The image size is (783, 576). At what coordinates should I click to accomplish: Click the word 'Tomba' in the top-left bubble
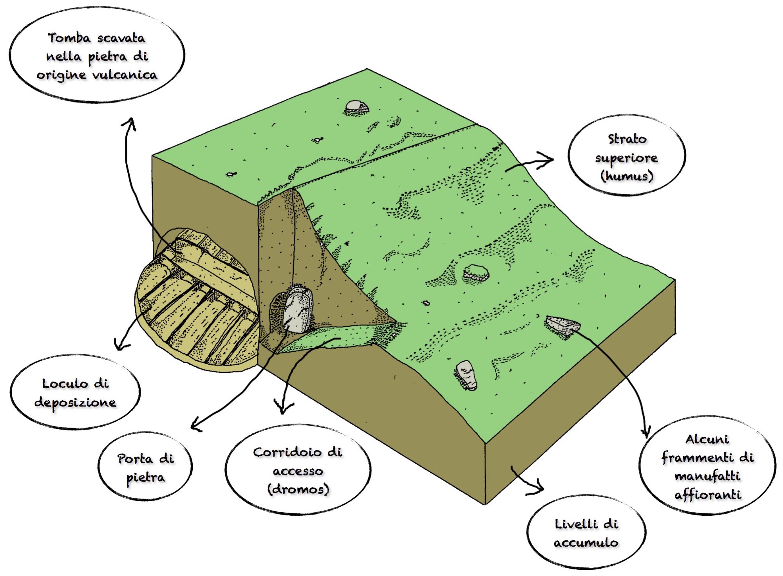pyautogui.click(x=69, y=38)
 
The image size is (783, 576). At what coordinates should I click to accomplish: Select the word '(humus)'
pyautogui.click(x=627, y=176)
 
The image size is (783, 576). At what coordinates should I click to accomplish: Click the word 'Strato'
pyautogui.click(x=627, y=139)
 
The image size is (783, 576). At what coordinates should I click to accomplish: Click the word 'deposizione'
pyautogui.click(x=75, y=402)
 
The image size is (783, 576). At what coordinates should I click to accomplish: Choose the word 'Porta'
pyautogui.click(x=135, y=459)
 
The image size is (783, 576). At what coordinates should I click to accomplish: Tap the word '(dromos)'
pyautogui.click(x=298, y=489)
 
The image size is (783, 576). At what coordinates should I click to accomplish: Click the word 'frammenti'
pyautogui.click(x=691, y=457)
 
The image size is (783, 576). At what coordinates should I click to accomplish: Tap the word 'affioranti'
pyautogui.click(x=707, y=495)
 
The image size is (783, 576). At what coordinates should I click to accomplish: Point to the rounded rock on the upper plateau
pyautogui.click(x=356, y=106)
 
